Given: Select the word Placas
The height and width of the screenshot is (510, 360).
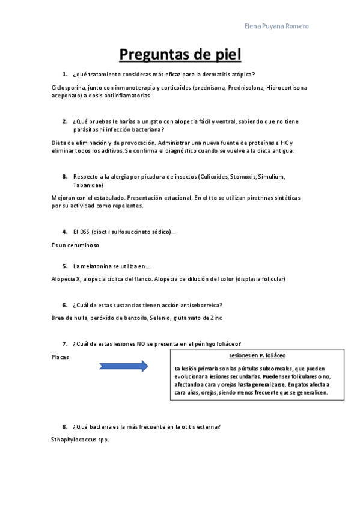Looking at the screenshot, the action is (x=61, y=357).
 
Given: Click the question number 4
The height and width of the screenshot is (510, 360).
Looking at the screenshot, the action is (x=64, y=231).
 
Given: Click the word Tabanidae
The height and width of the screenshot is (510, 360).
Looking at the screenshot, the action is (x=88, y=185).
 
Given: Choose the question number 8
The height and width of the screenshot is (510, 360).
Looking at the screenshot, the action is (x=64, y=426).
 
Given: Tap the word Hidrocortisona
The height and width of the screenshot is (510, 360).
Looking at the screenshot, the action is (x=287, y=87).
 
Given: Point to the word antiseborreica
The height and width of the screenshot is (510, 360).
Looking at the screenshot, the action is (x=201, y=304).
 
